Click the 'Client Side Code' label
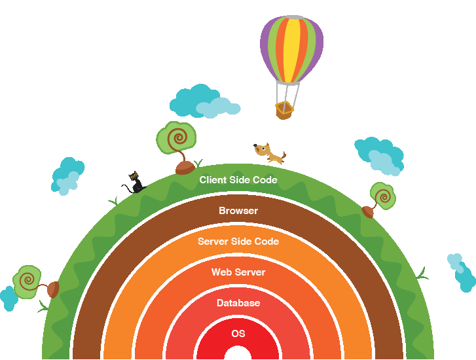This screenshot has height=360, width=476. coord(238,180)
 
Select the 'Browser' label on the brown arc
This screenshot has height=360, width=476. coord(238,211)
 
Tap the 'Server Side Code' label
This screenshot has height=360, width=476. coord(238,242)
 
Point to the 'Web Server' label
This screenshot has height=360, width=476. coord(238,272)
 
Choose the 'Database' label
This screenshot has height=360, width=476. coord(238,303)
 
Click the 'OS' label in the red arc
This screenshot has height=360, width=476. coord(238,334)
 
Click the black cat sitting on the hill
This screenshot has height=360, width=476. coord(135,183)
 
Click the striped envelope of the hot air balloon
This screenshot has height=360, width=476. coord(291,49)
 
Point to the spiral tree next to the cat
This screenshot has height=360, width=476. coord(176,139)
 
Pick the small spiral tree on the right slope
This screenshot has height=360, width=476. coord(382,196)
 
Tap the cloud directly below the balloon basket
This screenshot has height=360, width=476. coord(204,102)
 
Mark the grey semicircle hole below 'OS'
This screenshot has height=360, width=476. coord(238,353)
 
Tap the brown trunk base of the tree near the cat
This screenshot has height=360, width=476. coord(185,168)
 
